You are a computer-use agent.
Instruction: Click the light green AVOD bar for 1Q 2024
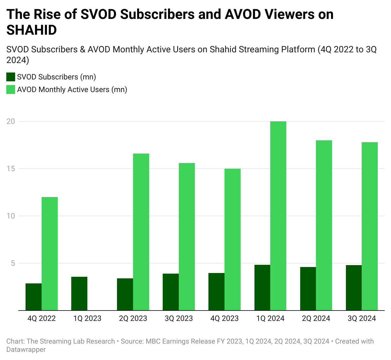(x=278, y=216)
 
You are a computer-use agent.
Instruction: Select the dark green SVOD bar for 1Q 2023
(x=79, y=293)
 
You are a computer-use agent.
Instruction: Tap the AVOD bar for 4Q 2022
(x=50, y=254)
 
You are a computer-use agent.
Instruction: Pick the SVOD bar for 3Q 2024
(x=353, y=287)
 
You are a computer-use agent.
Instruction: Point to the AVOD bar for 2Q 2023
(x=141, y=232)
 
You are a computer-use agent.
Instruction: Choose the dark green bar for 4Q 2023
(x=216, y=292)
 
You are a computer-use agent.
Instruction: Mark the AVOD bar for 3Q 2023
(x=187, y=237)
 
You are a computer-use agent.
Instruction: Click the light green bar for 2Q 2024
(x=324, y=225)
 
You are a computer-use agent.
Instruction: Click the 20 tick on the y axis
(x=11, y=121)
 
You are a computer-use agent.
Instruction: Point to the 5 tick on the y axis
(x=13, y=263)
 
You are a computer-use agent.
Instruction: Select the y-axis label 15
(x=11, y=169)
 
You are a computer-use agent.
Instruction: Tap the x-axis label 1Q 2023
(x=87, y=318)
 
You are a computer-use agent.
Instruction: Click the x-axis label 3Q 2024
(x=362, y=318)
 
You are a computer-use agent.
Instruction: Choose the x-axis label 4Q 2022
(x=42, y=318)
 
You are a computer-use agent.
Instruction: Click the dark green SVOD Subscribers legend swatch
(x=11, y=77)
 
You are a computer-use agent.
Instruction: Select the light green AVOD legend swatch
(x=11, y=90)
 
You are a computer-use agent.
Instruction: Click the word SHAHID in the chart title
(x=32, y=30)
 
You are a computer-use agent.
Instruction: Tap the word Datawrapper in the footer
(x=26, y=350)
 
